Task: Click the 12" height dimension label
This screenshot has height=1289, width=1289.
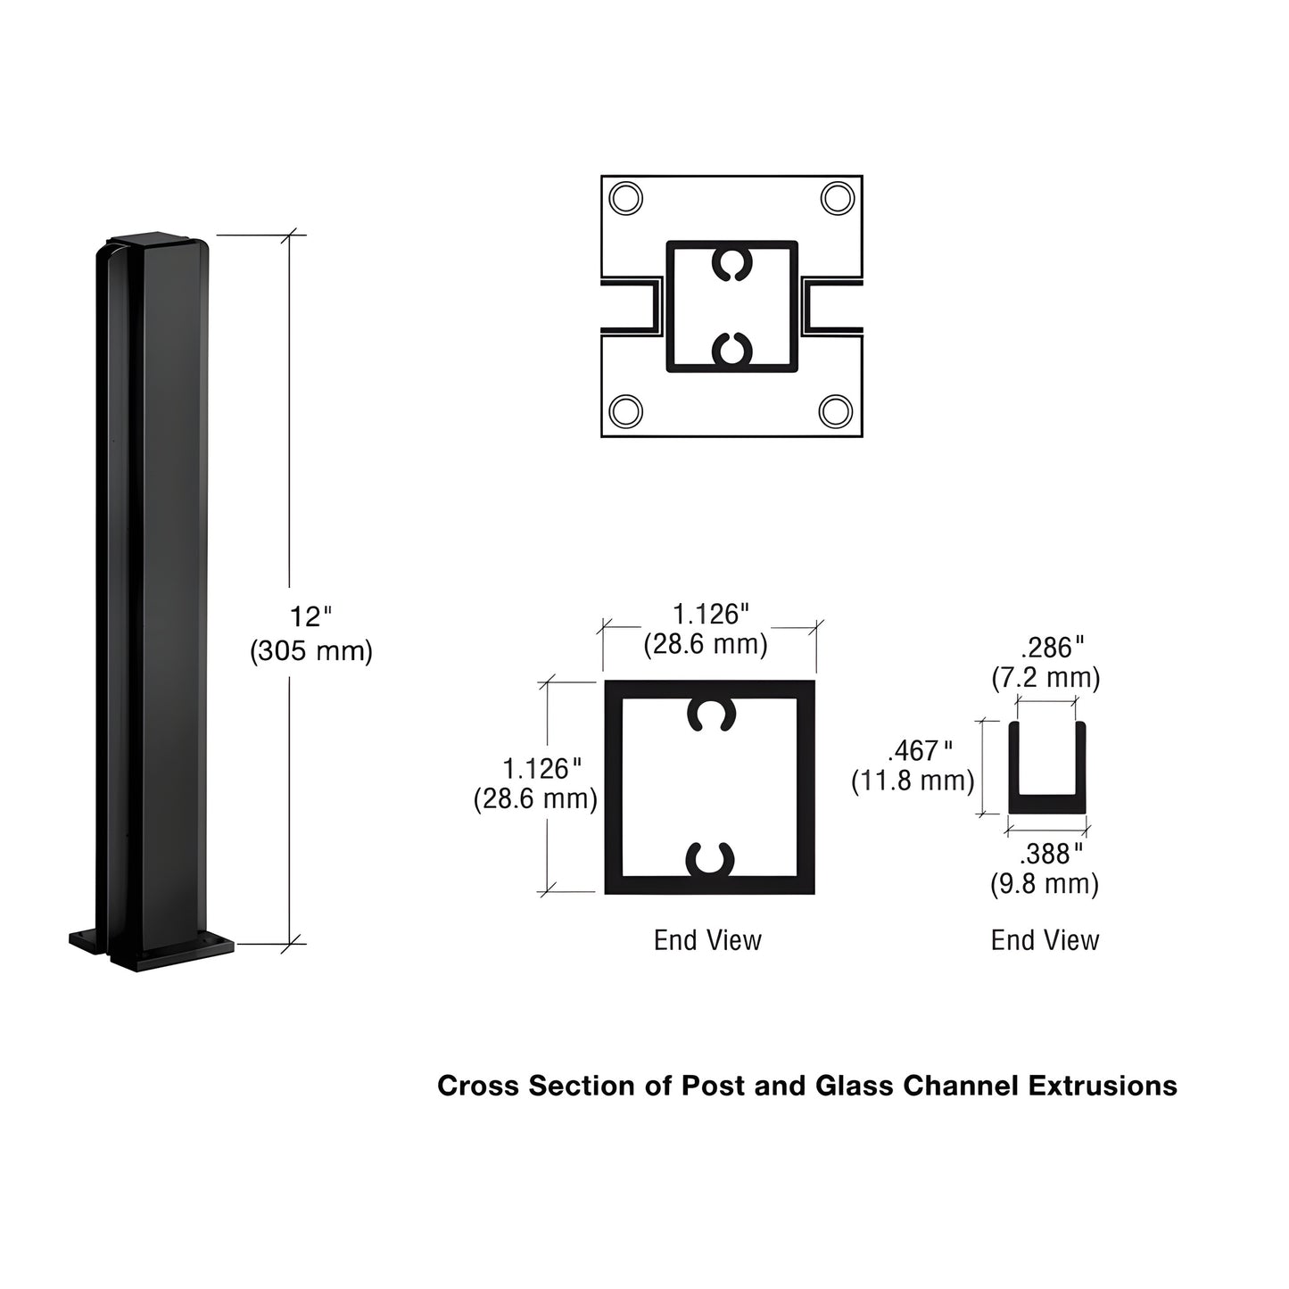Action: click(x=310, y=616)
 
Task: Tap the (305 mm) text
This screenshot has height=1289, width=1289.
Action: click(x=310, y=651)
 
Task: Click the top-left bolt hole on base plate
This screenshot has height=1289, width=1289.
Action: click(x=626, y=198)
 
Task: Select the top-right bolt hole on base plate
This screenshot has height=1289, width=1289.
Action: click(x=837, y=197)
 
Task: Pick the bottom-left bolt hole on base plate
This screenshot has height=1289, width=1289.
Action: click(x=626, y=411)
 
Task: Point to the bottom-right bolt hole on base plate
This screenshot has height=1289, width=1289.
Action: click(x=836, y=411)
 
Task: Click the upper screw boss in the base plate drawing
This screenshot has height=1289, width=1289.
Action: click(x=732, y=264)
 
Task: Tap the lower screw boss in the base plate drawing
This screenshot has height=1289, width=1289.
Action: click(x=732, y=348)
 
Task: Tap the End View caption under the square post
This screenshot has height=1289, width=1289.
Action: click(x=707, y=940)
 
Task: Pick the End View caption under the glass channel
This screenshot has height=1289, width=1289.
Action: click(x=1045, y=940)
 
